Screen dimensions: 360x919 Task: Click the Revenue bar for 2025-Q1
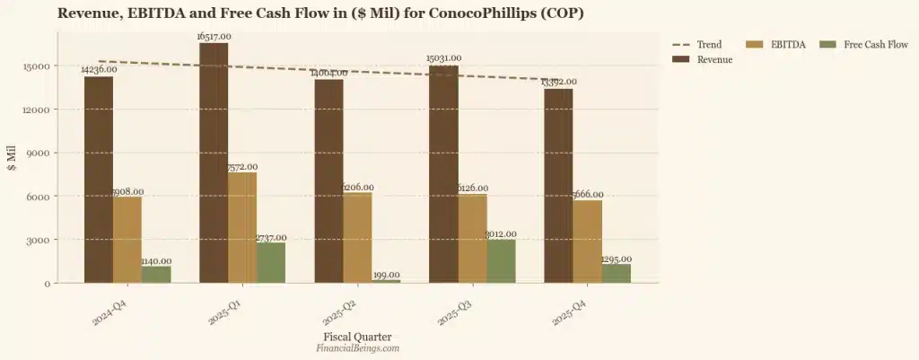(x=214, y=162)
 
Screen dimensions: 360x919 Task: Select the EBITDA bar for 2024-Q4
(x=127, y=239)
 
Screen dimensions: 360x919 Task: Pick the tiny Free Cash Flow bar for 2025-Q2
(x=387, y=280)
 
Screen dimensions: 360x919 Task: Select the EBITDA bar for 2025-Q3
(x=473, y=238)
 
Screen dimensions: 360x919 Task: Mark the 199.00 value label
(x=387, y=275)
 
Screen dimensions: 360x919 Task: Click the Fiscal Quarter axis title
(x=357, y=337)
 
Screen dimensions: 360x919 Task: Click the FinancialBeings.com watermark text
(x=357, y=348)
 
